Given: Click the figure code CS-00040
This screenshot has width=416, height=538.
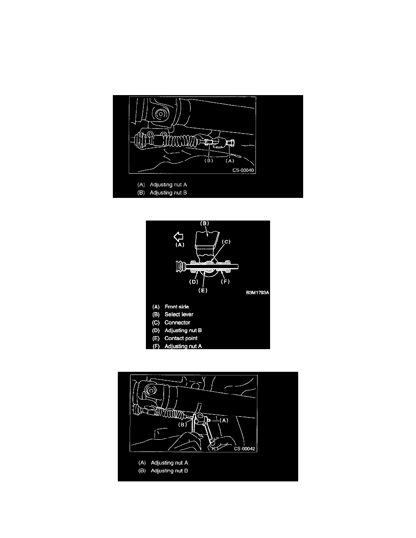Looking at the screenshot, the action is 243,170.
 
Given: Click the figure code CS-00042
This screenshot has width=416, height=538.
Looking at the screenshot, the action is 245,449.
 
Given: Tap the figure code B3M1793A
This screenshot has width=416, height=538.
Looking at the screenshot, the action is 257,293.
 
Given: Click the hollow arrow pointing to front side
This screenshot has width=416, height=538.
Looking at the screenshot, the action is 179,236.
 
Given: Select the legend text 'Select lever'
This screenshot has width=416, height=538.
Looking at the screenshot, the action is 179,314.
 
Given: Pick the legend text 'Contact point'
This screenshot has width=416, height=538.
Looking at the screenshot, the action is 181,338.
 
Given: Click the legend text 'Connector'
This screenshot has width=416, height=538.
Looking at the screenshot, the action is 177,322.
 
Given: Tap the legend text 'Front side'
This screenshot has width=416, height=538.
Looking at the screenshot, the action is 177,307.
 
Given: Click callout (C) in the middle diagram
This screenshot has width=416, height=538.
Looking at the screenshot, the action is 226,241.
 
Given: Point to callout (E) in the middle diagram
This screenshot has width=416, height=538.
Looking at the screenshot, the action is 203,290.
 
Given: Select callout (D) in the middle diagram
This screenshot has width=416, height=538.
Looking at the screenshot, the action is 194,282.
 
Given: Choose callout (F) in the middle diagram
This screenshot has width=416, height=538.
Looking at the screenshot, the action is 225,282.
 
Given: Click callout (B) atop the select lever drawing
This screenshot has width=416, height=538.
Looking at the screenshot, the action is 204,223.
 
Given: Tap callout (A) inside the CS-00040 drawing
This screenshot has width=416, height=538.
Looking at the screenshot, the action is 230,161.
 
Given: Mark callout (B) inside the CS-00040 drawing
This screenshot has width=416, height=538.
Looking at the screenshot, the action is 209,161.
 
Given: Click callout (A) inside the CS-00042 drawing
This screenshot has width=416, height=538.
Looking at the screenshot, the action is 224,420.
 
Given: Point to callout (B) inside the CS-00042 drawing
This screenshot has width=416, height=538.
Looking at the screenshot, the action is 183,424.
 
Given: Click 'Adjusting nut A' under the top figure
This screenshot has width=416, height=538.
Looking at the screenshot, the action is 168,185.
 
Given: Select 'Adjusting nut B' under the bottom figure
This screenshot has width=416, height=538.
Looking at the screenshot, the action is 169,471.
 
